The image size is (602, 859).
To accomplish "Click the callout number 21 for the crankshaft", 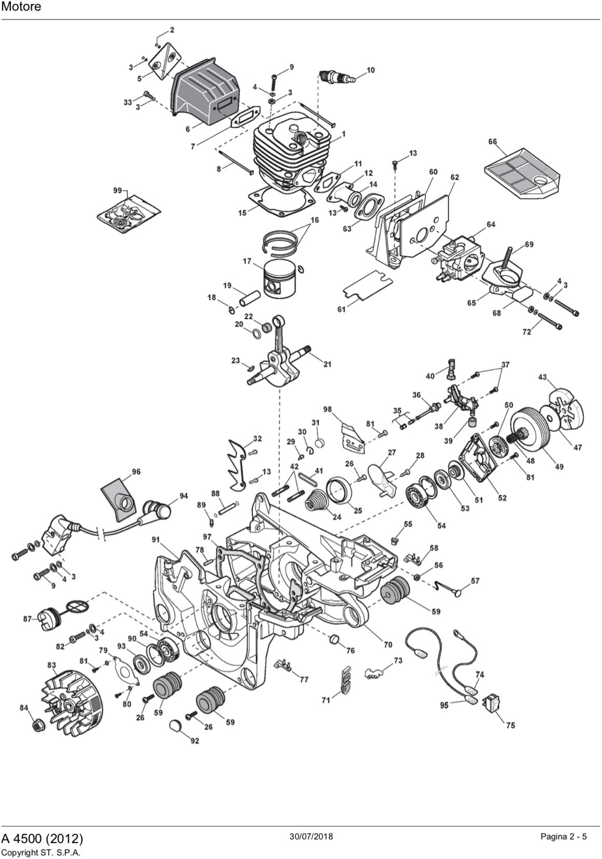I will tap(327, 364).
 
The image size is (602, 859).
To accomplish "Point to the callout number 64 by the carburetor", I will tap(491, 225).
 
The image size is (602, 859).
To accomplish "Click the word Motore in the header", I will tap(21, 7).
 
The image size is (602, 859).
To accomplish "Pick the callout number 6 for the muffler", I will tap(188, 129).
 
